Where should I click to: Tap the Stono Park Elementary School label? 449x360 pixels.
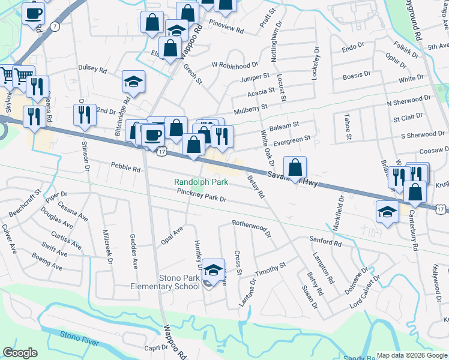[165, 281]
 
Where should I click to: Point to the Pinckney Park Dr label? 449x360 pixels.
[201, 195]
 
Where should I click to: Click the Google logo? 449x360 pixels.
[20, 353]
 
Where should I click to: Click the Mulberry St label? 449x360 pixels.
[251, 109]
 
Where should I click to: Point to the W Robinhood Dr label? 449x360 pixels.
[234, 64]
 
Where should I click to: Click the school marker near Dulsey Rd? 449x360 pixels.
[133, 82]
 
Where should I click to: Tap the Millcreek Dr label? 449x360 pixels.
[108, 242]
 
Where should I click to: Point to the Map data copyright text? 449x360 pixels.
[412, 355]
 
